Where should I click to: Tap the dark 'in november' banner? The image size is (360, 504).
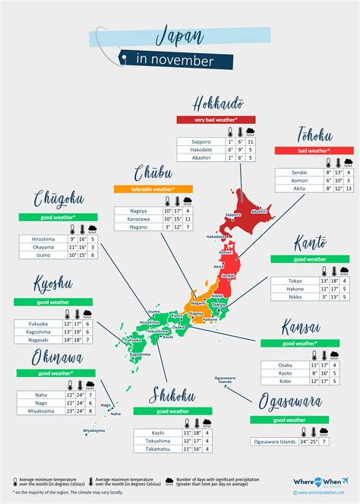(x=175, y=60)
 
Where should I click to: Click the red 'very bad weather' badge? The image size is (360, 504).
(x=216, y=119)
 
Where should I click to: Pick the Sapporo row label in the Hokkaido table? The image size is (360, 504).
(x=200, y=141)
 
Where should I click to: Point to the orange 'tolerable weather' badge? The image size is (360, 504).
(x=153, y=189)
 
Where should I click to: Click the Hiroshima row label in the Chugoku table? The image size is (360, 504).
(x=43, y=238)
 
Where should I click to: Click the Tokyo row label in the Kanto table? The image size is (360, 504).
(x=295, y=280)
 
